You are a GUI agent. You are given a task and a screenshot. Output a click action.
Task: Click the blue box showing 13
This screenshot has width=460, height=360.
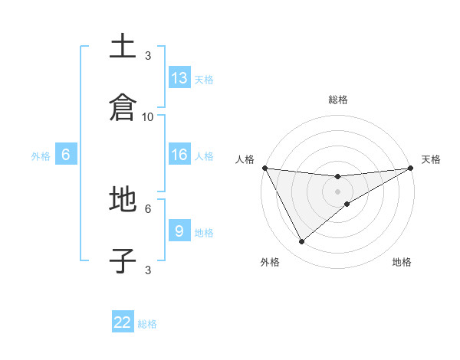pyautogui.click(x=179, y=78)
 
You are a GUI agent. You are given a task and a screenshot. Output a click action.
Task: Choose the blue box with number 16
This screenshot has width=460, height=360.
pyautogui.click(x=179, y=155)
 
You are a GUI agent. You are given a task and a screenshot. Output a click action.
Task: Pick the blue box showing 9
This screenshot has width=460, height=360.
pyautogui.click(x=179, y=231)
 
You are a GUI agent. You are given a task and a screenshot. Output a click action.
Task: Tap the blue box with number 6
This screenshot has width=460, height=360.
pyautogui.click(x=66, y=155)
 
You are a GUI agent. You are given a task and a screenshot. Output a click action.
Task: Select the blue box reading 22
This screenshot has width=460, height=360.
pyautogui.click(x=123, y=322)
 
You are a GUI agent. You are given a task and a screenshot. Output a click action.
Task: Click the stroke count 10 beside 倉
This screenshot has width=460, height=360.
pyautogui.click(x=148, y=116)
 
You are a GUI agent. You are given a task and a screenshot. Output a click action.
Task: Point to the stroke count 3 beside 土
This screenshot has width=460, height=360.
pyautogui.click(x=148, y=55)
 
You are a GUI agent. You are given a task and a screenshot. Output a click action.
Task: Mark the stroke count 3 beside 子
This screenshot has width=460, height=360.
pyautogui.click(x=148, y=270)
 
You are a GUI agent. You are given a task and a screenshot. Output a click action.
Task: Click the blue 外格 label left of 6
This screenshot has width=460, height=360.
pyautogui.click(x=41, y=156)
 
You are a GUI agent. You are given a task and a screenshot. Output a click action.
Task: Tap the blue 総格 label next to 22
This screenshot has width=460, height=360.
pyautogui.click(x=147, y=324)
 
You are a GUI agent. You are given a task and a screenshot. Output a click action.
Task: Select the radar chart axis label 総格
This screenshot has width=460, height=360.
pyautogui.click(x=338, y=100)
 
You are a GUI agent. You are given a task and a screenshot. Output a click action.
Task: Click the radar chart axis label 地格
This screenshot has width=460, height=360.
pyautogui.click(x=402, y=263)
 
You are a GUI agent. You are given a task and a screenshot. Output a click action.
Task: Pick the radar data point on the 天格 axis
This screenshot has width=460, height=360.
pyautogui.click(x=410, y=168)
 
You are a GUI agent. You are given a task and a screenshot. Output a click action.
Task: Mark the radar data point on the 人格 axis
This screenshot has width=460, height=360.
pyautogui.click(x=265, y=168)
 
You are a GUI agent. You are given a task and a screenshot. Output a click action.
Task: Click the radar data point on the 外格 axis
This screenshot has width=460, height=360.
pyautogui.click(x=301, y=242)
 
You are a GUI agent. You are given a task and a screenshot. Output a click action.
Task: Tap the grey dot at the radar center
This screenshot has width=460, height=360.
pyautogui.click(x=338, y=191)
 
